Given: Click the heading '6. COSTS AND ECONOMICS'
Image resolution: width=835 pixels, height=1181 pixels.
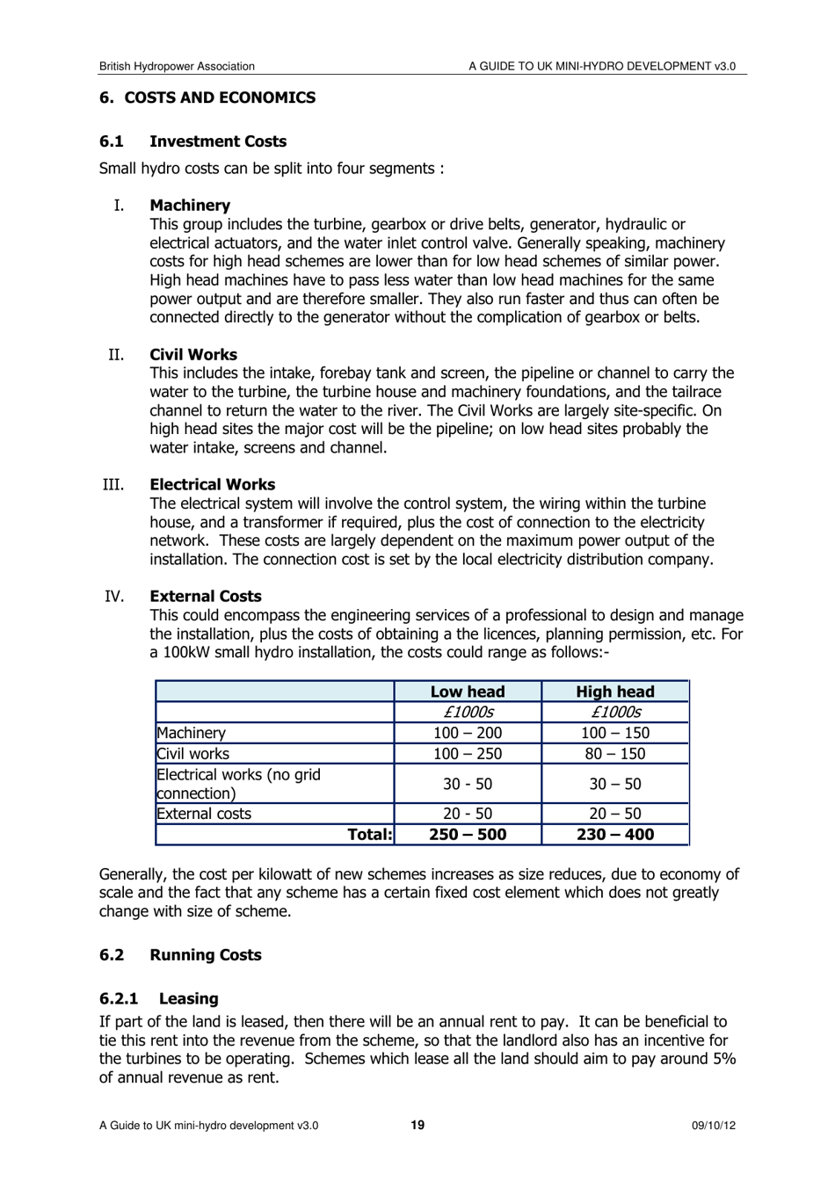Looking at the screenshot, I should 207,98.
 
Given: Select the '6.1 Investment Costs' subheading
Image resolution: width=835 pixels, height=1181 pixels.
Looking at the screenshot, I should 192,141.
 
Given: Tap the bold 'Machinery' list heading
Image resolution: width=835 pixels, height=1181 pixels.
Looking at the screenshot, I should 190,206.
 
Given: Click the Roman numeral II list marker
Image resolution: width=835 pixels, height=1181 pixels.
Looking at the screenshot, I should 116,355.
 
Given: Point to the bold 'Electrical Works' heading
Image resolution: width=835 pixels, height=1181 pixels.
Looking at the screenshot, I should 212,485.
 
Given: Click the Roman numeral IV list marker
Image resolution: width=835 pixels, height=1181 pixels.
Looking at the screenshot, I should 114,597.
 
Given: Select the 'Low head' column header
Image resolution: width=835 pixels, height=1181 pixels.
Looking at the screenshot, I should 468,692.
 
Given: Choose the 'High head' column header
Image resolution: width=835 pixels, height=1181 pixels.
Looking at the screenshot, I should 615,692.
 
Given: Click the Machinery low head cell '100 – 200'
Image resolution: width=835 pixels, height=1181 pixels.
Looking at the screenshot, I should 468,733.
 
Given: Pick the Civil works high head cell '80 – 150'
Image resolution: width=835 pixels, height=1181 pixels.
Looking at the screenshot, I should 615,754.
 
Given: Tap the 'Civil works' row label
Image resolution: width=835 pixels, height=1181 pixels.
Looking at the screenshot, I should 193,754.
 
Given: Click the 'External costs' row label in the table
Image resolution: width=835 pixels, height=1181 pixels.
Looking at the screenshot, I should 204,814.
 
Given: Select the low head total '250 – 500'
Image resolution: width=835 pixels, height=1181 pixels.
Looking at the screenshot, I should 468,835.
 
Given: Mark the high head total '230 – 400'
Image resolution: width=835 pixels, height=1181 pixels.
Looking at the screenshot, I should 615,835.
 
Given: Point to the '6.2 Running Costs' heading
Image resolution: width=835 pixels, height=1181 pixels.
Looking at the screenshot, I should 180,955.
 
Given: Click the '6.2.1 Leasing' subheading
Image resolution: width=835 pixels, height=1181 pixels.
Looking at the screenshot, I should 159,999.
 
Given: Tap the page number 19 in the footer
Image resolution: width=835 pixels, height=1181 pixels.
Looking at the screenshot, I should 417,1126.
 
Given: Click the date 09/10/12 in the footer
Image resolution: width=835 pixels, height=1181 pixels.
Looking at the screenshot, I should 714,1126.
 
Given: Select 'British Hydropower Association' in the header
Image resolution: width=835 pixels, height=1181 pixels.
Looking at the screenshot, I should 177,66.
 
